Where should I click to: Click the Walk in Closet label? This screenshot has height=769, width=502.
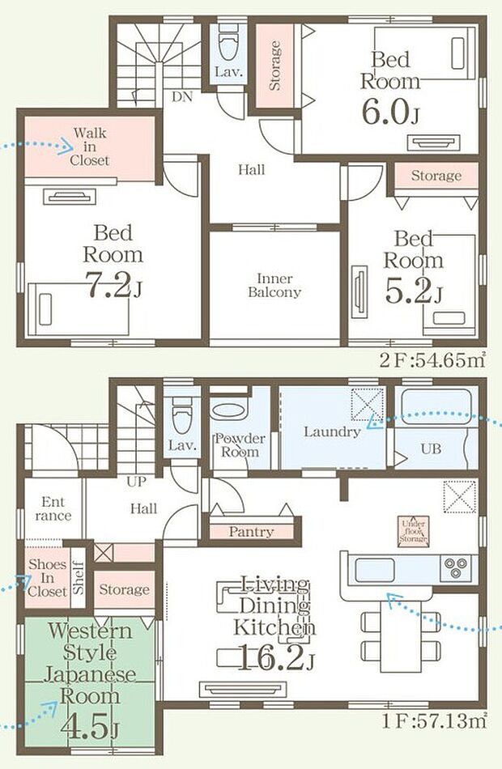point(89,147)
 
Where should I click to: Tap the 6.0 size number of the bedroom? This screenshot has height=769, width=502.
point(385,113)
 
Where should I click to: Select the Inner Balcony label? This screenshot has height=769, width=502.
point(274,286)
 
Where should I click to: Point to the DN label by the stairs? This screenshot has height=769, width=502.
point(182,97)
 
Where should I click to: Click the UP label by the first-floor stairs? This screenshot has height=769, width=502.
point(136,482)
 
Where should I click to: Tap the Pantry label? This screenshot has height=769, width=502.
point(251,532)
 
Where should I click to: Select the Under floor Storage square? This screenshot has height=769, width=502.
point(413,532)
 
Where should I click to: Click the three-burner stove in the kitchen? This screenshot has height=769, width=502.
point(456,568)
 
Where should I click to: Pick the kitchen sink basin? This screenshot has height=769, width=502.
point(375,570)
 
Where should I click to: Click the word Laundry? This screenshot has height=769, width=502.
point(332,432)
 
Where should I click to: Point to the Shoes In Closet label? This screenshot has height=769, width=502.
point(47,578)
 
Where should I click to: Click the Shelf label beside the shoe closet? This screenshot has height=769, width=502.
point(78,578)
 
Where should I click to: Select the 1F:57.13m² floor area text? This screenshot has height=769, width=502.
point(434,721)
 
